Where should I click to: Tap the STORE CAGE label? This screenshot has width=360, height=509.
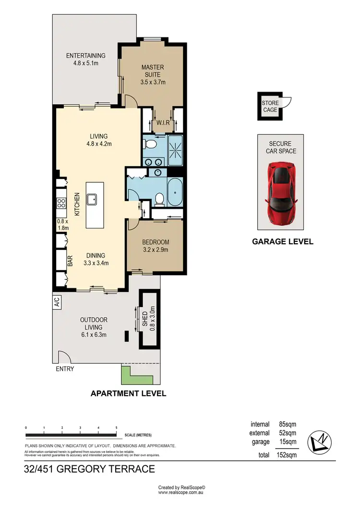pyautogui.click(x=270, y=107)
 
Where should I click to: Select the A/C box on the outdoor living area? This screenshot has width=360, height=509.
pyautogui.click(x=57, y=302)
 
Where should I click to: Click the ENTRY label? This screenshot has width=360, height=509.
pyautogui.click(x=65, y=369)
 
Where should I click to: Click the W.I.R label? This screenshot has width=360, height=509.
pyautogui.click(x=164, y=123)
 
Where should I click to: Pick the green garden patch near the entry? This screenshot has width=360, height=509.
pyautogui.click(x=128, y=375)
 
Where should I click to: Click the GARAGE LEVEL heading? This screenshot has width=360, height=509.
pyautogui.click(x=283, y=242)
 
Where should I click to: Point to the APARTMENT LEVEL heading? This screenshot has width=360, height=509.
pyautogui.click(x=129, y=393)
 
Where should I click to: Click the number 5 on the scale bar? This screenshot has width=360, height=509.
pyautogui.click(x=116, y=427)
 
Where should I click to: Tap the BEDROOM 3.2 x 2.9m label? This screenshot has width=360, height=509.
pyautogui.click(x=156, y=246)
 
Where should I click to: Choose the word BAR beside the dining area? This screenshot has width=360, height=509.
pyautogui.click(x=70, y=261)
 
